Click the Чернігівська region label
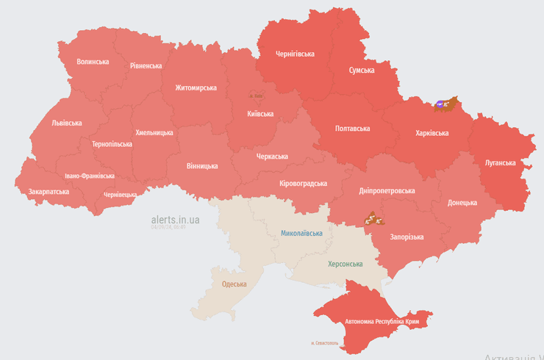click(x=295, y=54)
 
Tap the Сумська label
click(x=361, y=71)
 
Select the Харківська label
click(x=432, y=133)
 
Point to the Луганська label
click(x=500, y=162)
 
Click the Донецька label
click(x=462, y=202)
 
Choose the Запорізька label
click(x=407, y=237)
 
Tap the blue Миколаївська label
click(x=301, y=233)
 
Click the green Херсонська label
click(x=346, y=263)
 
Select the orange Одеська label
click(x=235, y=284)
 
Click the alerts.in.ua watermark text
click(x=175, y=219)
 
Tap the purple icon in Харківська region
click(x=440, y=104)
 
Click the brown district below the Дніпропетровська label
click(x=373, y=219)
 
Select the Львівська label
click(x=66, y=123)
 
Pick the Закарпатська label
click(x=49, y=191)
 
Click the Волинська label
click(x=93, y=62)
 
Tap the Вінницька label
click(x=201, y=166)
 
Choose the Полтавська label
click(x=352, y=128)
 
